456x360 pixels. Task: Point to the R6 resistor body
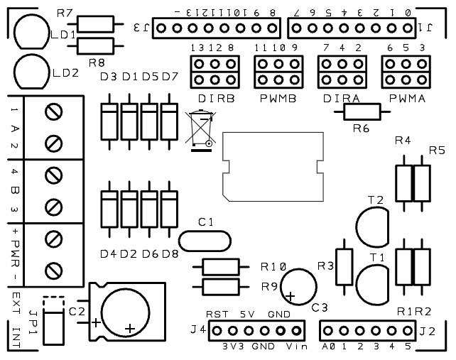[362, 111]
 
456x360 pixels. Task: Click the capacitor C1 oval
[205, 240]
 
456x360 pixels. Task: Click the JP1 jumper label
[33, 316]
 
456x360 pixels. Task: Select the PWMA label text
[408, 99]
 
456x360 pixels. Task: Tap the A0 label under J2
[328, 347]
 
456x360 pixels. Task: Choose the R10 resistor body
[221, 267]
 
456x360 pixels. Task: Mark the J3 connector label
[141, 28]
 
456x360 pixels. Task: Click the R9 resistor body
[221, 287]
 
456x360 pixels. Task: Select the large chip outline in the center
[273, 165]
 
